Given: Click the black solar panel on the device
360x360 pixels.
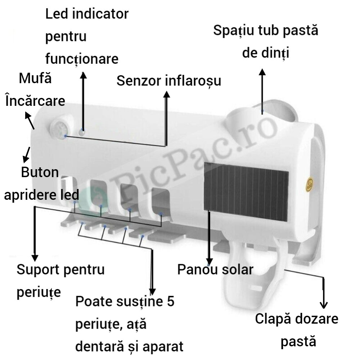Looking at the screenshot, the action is pyautogui.click(x=246, y=192).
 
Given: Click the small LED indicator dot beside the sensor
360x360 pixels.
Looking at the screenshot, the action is pyautogui.click(x=82, y=132).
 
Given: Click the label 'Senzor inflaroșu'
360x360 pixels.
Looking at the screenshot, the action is pyautogui.click(x=169, y=81).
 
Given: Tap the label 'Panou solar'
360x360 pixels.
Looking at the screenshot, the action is pyautogui.click(x=215, y=269).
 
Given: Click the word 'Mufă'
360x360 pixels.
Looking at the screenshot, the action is pyautogui.click(x=35, y=78).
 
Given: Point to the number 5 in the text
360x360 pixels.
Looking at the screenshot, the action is pyautogui.click(x=171, y=301).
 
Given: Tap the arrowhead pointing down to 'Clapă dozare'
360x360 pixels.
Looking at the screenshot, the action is pyautogui.click(x=324, y=305).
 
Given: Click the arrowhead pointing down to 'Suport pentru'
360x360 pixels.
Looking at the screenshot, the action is pyautogui.click(x=35, y=258).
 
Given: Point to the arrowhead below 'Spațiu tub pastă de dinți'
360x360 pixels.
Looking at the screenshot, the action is pyautogui.click(x=262, y=72).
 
